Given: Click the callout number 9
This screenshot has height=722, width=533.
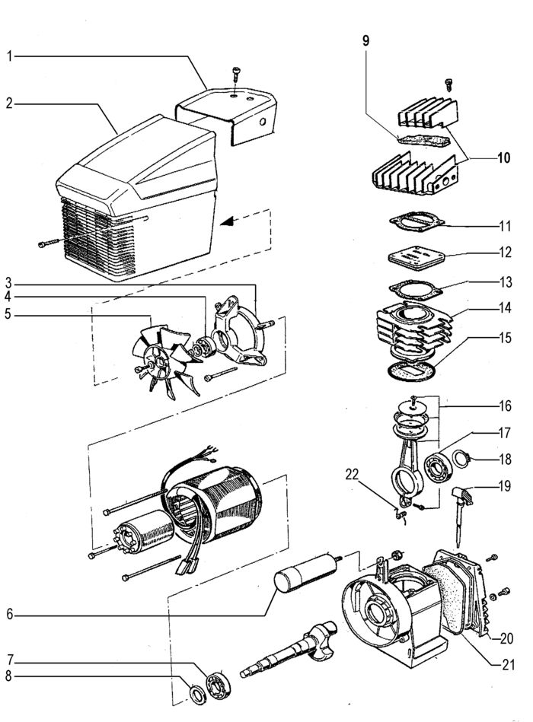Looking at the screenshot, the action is pyautogui.click(x=365, y=41).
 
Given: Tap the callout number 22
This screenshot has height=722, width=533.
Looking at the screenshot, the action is pyautogui.click(x=352, y=475).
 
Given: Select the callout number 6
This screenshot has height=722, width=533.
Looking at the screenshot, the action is pyautogui.click(x=10, y=614).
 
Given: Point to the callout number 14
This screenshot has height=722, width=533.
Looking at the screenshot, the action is pyautogui.click(x=506, y=307).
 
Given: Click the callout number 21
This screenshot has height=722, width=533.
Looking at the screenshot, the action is pyautogui.click(x=508, y=664).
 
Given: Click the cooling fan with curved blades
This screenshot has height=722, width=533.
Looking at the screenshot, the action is pyautogui.click(x=168, y=360).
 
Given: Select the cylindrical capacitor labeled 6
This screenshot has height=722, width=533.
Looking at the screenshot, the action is pyautogui.click(x=306, y=573).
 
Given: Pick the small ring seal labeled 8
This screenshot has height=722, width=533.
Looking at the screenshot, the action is pyautogui.click(x=199, y=695).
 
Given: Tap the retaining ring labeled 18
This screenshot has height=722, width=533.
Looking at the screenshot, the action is pyautogui.click(x=461, y=460).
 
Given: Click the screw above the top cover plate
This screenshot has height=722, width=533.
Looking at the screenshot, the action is pyautogui.click(x=236, y=74).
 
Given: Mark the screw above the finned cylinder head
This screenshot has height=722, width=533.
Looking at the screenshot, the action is pyautogui.click(x=449, y=85).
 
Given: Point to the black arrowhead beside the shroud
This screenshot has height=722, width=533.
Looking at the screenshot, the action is pyautogui.click(x=227, y=222).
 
